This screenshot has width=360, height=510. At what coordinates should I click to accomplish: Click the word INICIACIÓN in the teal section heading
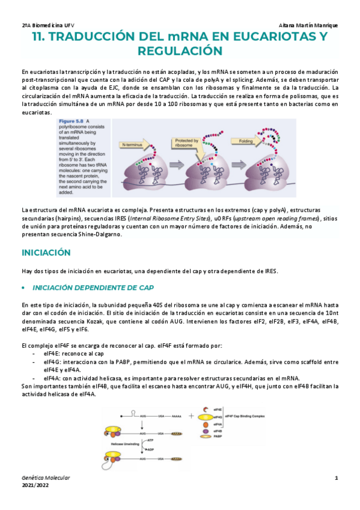point(46,252)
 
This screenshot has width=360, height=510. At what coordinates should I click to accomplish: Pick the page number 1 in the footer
point(337,478)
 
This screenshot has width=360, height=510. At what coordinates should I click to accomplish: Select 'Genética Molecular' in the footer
point(46,478)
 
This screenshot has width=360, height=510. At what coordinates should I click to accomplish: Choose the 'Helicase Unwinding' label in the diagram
point(122,444)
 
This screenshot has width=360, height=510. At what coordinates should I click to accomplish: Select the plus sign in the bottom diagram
point(191,416)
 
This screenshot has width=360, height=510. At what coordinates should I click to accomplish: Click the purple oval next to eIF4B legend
point(206,431)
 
